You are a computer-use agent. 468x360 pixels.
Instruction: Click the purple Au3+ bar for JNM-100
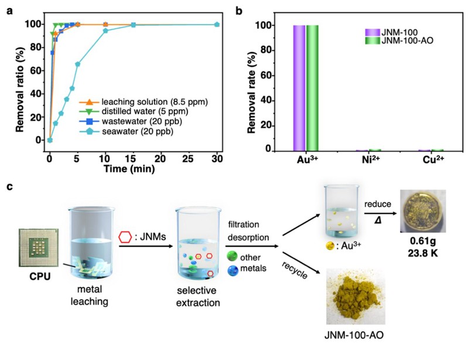coord(299,88)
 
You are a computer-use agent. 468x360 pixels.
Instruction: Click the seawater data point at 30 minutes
coord(217,25)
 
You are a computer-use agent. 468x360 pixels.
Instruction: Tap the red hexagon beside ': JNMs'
coord(124,238)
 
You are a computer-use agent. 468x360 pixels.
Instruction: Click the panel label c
coord(8,187)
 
